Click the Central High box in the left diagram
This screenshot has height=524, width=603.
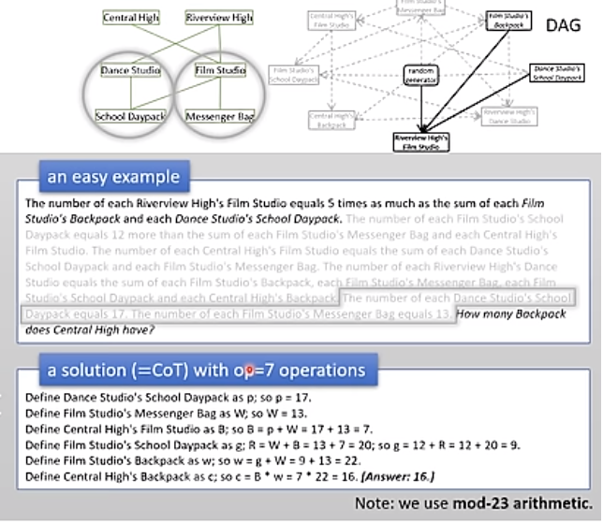pos(131,18)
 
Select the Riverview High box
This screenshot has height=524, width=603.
pos(218,18)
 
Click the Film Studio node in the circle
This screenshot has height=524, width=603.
pos(219,70)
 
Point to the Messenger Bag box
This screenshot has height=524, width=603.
pos(220,116)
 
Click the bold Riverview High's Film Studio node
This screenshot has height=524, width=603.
pos(420,141)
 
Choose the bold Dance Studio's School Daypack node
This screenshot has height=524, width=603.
pos(556,74)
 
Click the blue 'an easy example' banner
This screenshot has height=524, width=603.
pos(113,175)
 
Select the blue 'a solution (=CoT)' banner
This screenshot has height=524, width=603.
pos(206,371)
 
